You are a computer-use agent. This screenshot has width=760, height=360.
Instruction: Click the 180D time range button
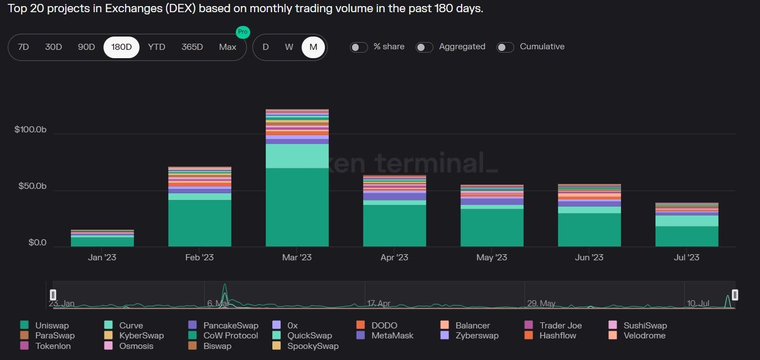121,47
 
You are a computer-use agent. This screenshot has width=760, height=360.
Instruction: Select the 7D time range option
23,47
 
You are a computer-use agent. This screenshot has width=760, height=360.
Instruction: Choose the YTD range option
157,47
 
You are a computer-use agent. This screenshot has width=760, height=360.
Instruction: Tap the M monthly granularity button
313,47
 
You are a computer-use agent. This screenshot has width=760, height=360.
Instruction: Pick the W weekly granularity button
289,47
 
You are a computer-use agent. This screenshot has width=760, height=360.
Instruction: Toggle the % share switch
359,47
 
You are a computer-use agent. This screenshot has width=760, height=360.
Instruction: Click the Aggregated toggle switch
425,47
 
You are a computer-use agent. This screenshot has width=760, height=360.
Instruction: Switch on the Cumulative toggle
505,47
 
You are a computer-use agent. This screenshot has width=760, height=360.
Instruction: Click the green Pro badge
242,32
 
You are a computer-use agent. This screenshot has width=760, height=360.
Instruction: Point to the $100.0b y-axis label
30,130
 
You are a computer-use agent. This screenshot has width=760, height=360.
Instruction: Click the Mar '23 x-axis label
297,258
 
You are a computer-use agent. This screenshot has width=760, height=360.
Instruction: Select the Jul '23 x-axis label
687,258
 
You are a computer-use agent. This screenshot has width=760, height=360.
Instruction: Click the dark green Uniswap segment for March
297,208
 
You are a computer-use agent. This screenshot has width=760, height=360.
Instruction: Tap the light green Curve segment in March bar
297,156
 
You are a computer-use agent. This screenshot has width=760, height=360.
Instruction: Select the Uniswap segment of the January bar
102,241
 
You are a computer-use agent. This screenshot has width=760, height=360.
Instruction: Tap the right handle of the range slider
735,295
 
